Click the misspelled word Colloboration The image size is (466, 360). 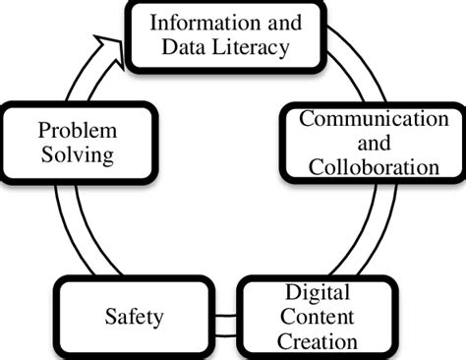click(x=373, y=166)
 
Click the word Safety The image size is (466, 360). click(x=133, y=317)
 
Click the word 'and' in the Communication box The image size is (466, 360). click(x=372, y=143)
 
